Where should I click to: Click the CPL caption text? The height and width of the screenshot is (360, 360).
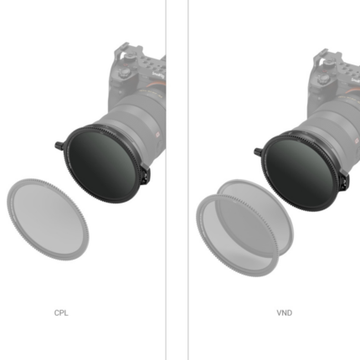pyautogui.click(x=61, y=313)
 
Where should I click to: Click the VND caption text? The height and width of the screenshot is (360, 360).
pyautogui.click(x=285, y=313)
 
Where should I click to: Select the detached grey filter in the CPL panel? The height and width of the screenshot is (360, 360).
pyautogui.click(x=48, y=219)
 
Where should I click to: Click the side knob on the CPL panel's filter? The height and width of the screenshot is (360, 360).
pyautogui.click(x=59, y=146)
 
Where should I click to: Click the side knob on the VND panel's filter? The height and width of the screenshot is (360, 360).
pyautogui.click(x=258, y=152)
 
